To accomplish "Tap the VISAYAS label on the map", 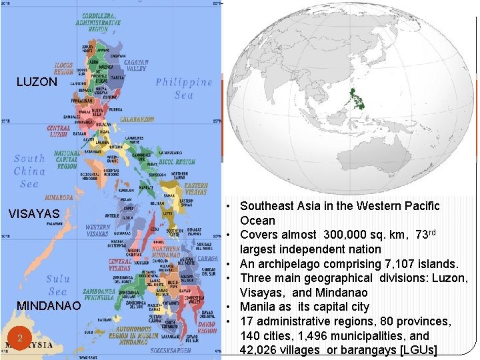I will click(x=34, y=214).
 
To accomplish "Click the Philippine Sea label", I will click(x=183, y=88).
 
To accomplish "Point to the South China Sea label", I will click(x=29, y=171).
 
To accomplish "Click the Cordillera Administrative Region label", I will click(x=101, y=22).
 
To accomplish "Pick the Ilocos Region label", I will click(x=63, y=68).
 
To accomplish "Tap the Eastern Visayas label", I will click(x=195, y=189).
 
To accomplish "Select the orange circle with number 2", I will click(x=21, y=339).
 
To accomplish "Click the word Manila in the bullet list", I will click(x=259, y=307).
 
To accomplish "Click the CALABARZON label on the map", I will click(x=137, y=119).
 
